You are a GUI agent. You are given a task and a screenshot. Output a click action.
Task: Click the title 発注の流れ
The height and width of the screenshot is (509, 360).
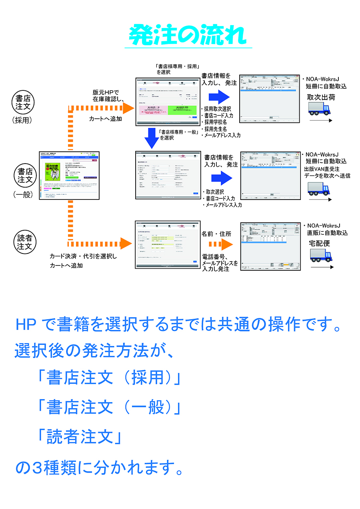(x=188, y=36)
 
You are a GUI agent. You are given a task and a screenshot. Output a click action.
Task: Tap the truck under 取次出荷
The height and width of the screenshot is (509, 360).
(x=321, y=108)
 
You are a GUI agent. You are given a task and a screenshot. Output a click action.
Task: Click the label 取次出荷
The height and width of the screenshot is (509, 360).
(x=321, y=97)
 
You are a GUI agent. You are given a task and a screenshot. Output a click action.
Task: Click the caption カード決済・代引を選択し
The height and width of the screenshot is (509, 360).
(x=83, y=256)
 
